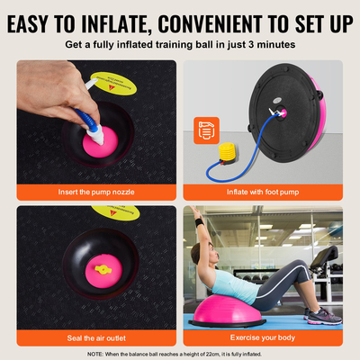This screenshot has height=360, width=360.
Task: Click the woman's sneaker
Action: [x=320, y=314]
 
